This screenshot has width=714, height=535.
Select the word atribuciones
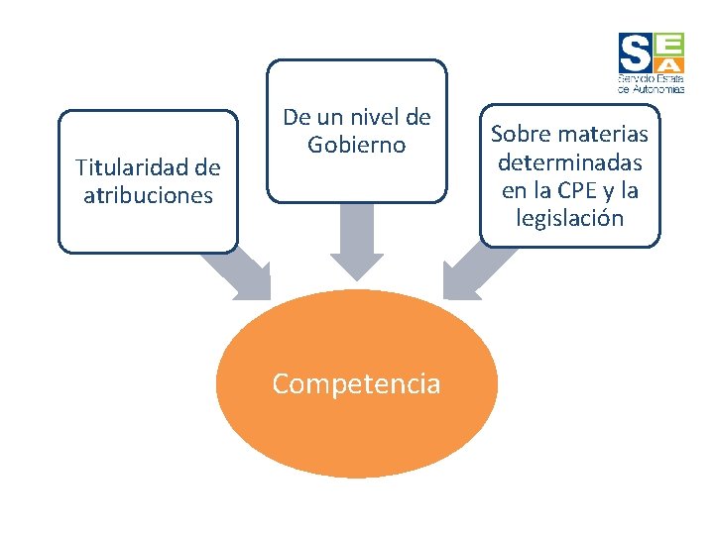click(148, 195)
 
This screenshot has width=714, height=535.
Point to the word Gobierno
click(357, 145)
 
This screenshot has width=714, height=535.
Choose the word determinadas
click(570, 161)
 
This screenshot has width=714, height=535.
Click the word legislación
click(570, 218)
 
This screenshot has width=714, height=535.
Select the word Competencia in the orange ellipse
click(356, 383)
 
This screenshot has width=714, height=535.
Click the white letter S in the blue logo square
click(635, 52)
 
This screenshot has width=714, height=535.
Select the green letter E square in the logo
click(668, 43)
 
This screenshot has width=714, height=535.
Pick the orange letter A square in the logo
click(668, 62)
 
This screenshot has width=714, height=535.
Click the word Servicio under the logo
click(632, 77)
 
